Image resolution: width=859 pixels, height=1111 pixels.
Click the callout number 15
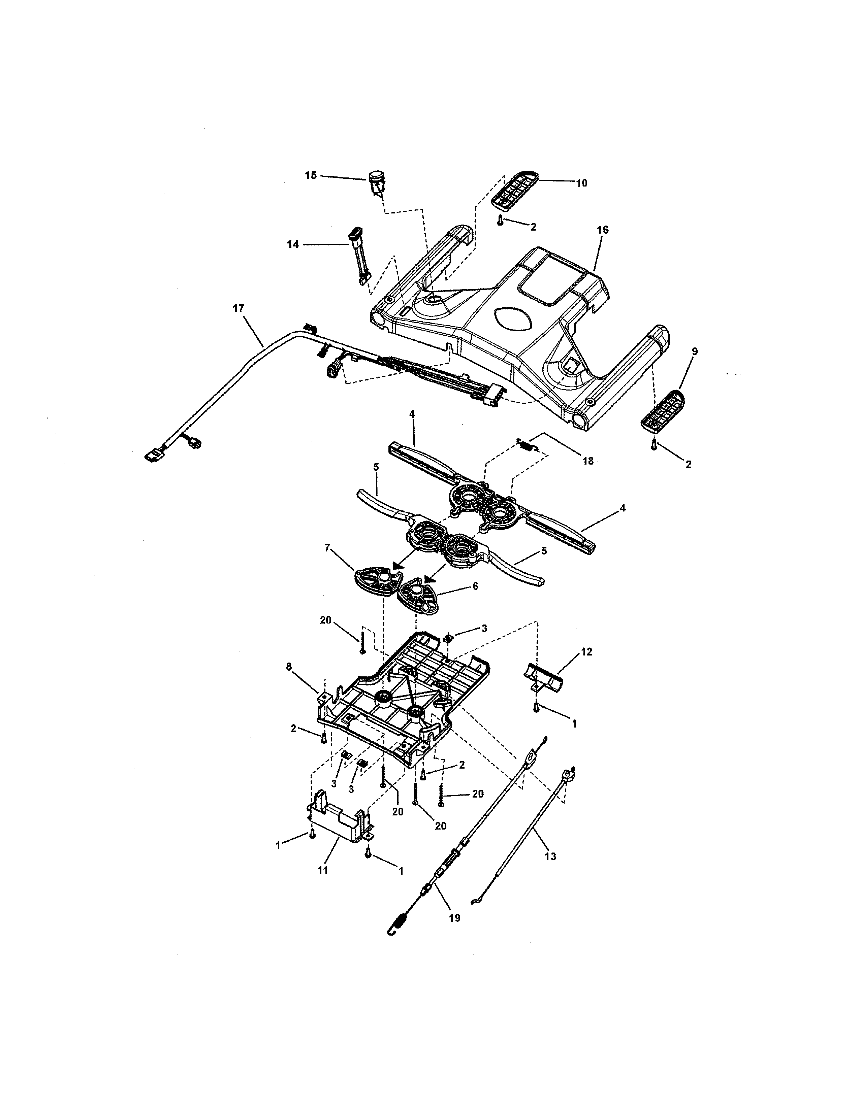point(311,175)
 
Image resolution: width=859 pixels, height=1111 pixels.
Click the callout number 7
point(327,548)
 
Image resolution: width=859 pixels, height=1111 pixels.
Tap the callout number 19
point(454,918)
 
